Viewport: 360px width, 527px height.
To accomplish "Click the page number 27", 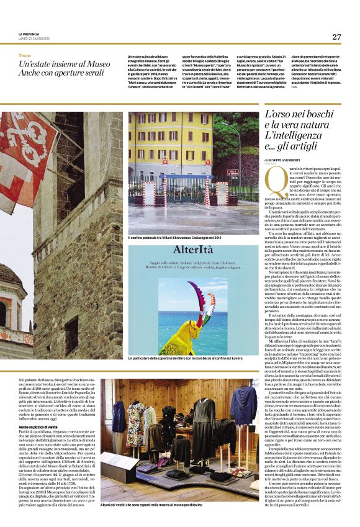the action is click(336, 37).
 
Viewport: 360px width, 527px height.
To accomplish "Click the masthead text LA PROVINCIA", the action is click(30, 34).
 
